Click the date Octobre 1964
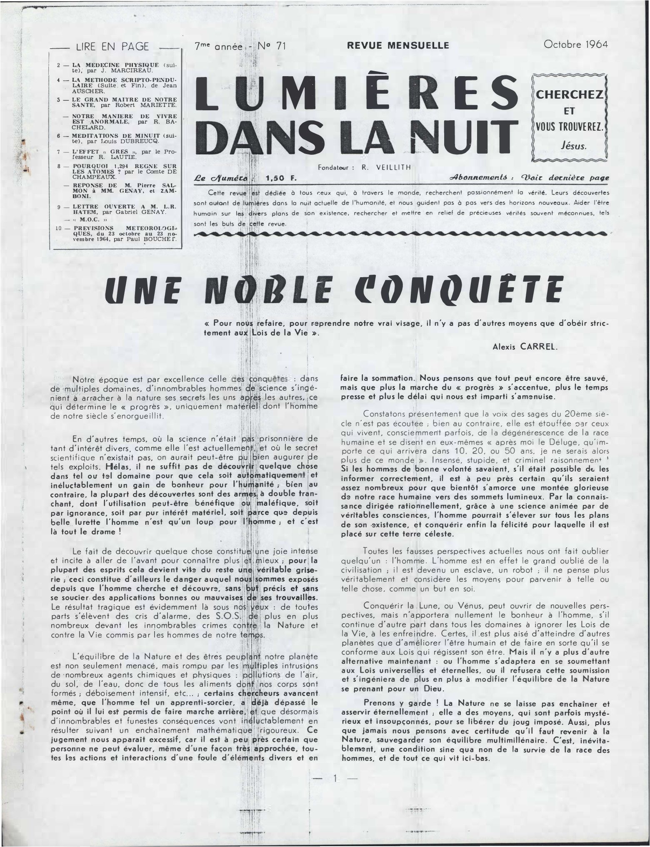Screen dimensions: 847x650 [x=575, y=44]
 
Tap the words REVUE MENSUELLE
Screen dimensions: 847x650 [x=398, y=45]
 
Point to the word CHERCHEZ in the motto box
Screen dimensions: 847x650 [x=569, y=94]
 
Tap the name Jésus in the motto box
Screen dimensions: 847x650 [x=573, y=146]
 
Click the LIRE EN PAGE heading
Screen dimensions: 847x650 [x=112, y=47]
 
